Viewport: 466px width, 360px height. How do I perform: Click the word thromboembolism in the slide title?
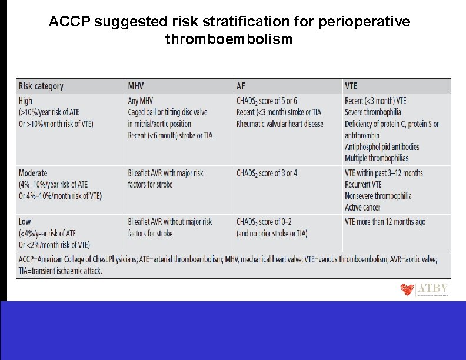(229, 39)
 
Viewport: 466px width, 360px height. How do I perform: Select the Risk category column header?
(41, 86)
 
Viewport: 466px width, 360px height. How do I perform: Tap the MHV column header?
(137, 86)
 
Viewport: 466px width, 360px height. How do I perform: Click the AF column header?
(241, 86)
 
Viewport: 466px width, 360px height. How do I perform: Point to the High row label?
(26, 101)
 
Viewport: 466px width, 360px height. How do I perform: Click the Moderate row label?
(33, 173)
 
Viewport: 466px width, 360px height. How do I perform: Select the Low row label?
(25, 222)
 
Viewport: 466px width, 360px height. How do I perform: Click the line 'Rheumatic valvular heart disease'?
(279, 124)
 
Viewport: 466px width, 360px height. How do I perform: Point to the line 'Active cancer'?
(362, 207)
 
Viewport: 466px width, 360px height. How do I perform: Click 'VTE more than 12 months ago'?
(385, 222)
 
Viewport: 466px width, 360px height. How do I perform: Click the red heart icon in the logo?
(407, 290)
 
